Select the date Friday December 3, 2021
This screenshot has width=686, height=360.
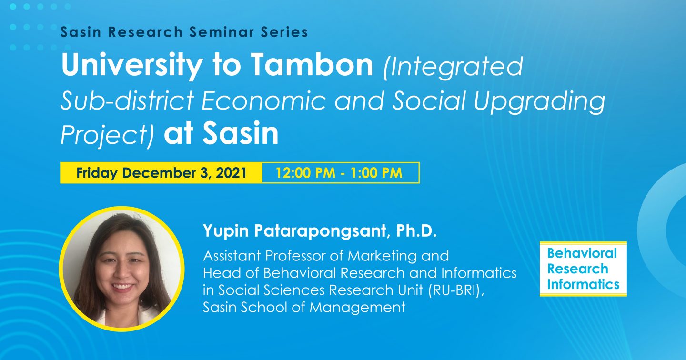click(x=161, y=173)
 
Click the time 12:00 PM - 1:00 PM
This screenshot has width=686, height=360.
click(x=339, y=173)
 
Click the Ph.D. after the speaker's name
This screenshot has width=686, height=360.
click(x=416, y=231)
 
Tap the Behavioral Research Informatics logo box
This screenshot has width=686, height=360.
click(x=583, y=269)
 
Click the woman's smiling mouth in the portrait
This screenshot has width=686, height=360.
click(x=123, y=287)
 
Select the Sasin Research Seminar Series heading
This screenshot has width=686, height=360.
click(x=184, y=32)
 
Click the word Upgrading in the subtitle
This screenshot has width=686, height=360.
click(x=539, y=101)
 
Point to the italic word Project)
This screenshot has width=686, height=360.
click(x=107, y=134)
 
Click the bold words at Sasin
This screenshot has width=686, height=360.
click(x=221, y=133)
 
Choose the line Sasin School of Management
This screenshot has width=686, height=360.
click(x=304, y=307)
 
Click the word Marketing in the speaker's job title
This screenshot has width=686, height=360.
click(x=382, y=256)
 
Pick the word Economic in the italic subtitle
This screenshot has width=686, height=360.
click(x=263, y=100)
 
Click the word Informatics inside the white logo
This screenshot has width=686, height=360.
click(x=583, y=284)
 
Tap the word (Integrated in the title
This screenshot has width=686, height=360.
click(x=453, y=67)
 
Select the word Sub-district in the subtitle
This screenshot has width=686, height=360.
click(x=127, y=100)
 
